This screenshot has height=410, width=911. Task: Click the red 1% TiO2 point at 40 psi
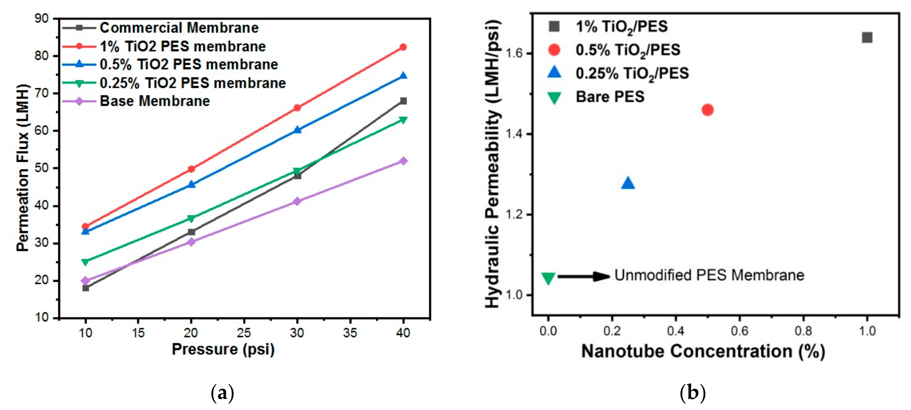[403, 47]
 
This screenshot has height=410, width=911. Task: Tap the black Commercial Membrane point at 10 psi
[85, 288]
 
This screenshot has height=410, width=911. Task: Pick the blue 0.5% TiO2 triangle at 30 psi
[297, 130]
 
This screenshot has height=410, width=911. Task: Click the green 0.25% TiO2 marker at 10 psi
[85, 262]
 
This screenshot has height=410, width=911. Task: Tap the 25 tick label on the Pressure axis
[244, 333]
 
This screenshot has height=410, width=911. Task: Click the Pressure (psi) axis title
[223, 349]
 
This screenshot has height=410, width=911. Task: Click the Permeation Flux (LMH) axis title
[22, 167]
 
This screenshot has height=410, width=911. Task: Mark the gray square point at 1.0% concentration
[867, 38]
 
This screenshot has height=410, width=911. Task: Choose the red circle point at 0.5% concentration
[707, 110]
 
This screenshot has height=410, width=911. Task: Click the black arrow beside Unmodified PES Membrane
[584, 277]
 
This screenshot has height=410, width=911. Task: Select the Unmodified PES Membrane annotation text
[709, 275]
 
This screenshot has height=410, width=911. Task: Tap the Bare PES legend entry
[610, 97]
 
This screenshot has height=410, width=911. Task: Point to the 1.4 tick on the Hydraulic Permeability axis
[515, 134]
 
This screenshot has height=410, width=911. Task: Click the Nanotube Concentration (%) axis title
[703, 352]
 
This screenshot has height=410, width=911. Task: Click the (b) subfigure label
[692, 393]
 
